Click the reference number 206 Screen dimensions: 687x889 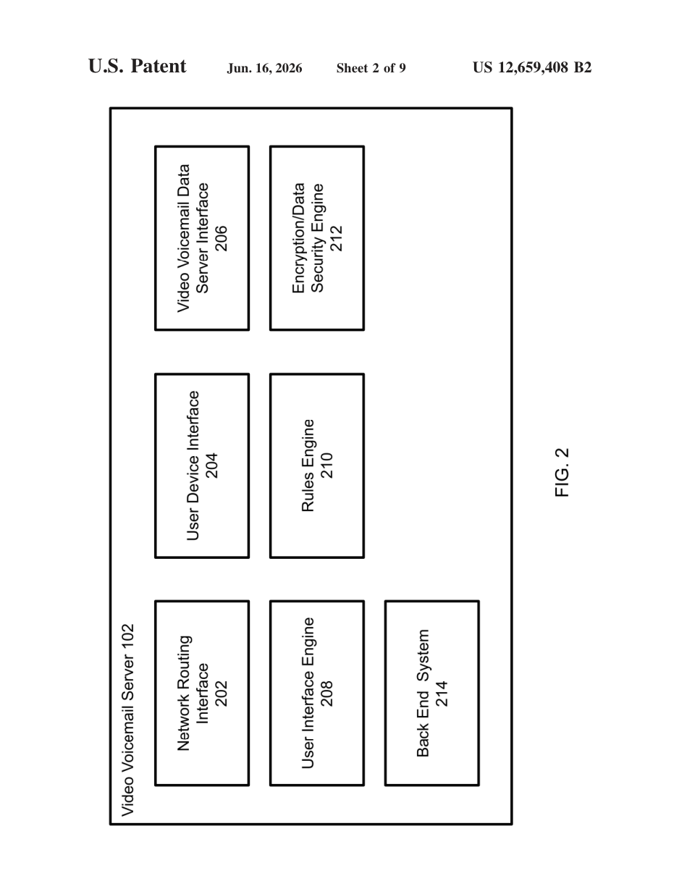222,238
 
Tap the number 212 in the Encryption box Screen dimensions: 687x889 336,238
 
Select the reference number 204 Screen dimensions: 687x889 212,466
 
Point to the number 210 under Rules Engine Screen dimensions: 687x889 326,466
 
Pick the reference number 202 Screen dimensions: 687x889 222,694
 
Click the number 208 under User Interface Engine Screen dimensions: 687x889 326,694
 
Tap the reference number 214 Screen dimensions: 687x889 442,694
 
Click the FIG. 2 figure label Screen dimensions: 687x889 562,473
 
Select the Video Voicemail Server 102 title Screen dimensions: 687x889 127,720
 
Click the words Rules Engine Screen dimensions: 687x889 308,465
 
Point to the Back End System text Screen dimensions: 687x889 423,693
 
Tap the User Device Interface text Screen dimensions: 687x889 193,465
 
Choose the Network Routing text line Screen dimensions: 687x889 184,693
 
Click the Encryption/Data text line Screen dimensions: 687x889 298,238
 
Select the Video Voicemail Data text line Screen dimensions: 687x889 184,238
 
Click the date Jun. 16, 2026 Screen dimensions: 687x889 264,68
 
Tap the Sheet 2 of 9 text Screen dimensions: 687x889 371,68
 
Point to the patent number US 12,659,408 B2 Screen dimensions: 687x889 532,67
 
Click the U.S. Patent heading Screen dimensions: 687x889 138,67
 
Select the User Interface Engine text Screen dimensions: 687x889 308,693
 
